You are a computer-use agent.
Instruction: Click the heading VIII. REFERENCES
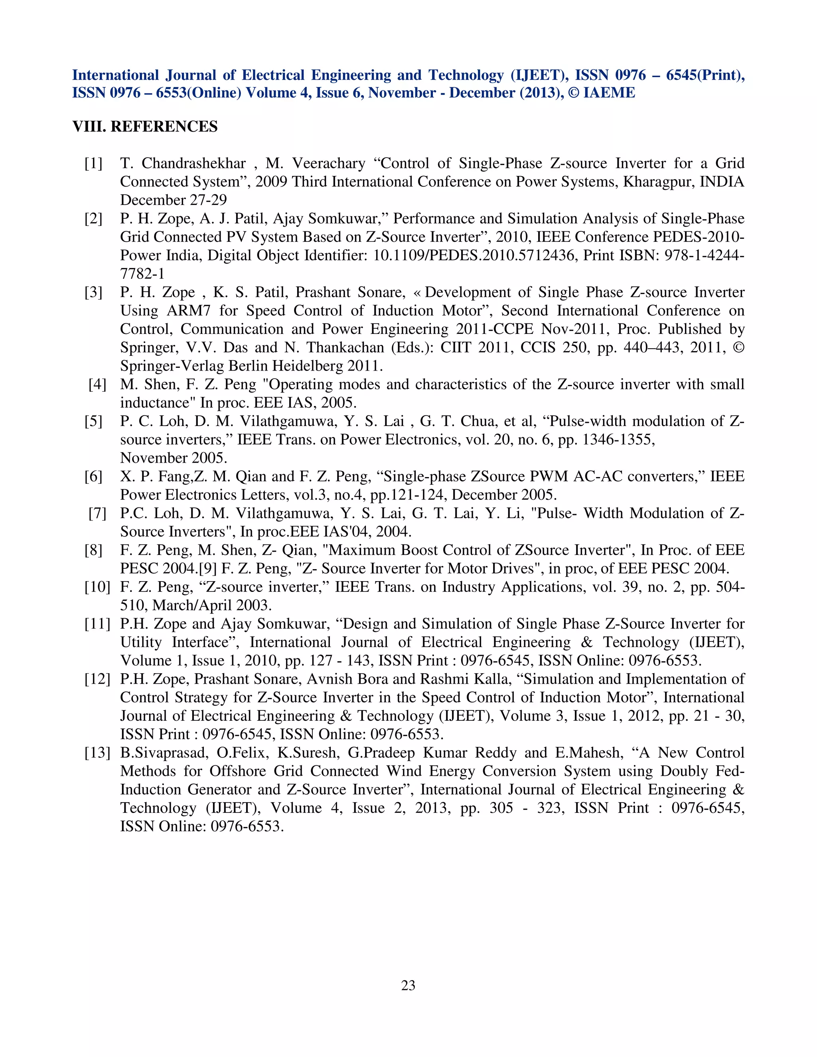145,127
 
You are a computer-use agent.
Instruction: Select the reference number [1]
93,164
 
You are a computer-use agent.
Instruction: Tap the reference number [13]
97,753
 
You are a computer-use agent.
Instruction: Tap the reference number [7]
97,513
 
